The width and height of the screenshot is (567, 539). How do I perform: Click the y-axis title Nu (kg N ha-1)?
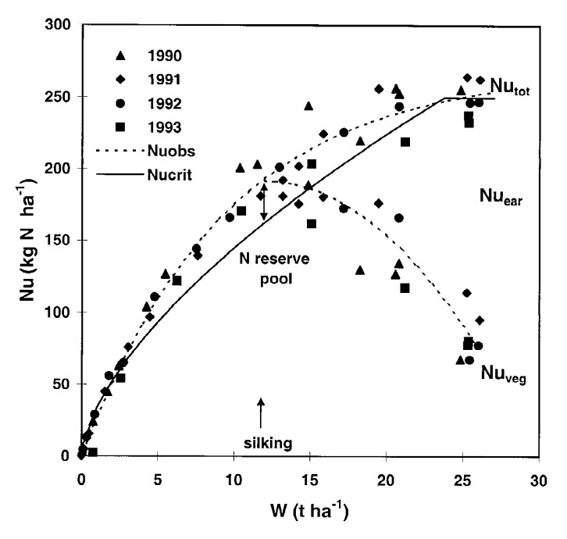pos(22,241)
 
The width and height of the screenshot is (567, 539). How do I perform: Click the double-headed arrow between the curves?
pos(264,203)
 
